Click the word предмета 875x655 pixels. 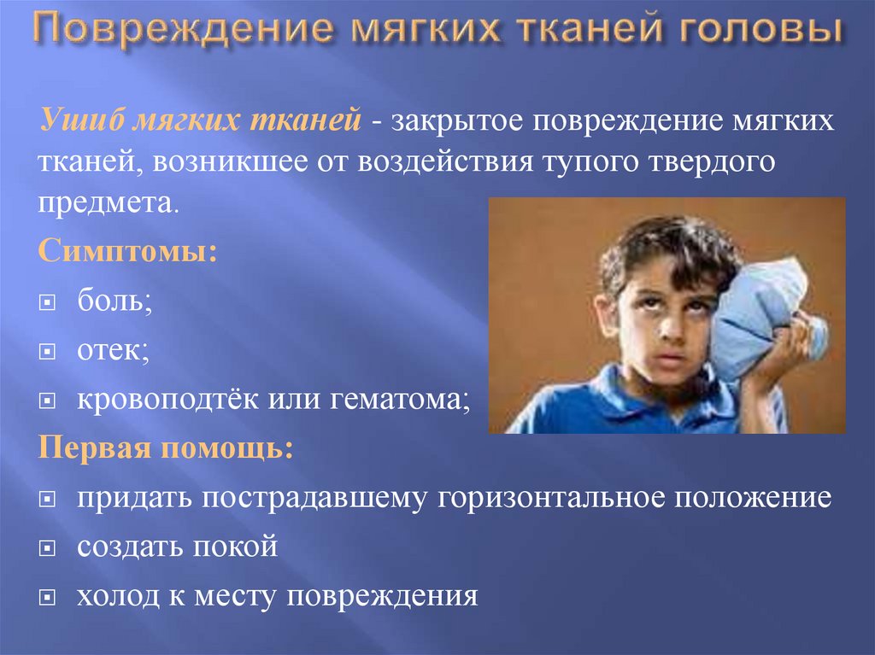point(109,203)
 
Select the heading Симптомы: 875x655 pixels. point(126,253)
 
